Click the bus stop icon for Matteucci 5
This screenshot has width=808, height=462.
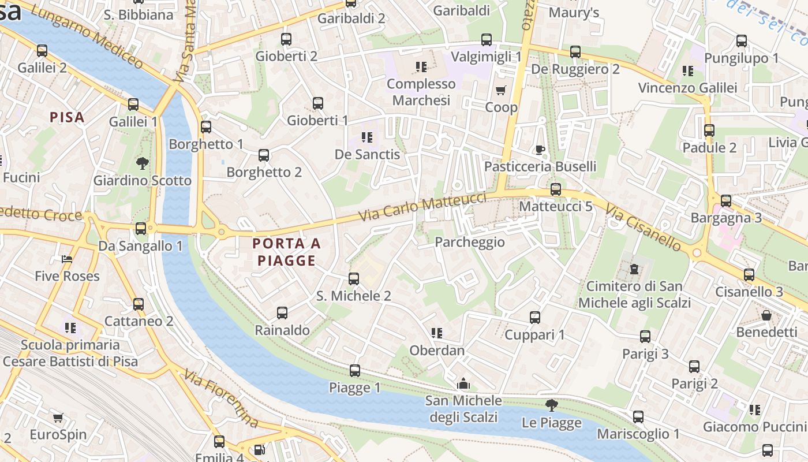(x=556, y=189)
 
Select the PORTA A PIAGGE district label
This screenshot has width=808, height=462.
(x=287, y=252)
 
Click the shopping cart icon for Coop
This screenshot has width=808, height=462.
(x=500, y=91)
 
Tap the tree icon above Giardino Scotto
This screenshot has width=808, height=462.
(x=143, y=163)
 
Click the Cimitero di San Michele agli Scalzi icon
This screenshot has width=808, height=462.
(x=634, y=269)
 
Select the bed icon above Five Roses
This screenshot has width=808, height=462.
(x=67, y=259)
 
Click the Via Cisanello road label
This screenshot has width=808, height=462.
(x=644, y=226)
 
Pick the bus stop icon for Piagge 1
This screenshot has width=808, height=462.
(x=355, y=371)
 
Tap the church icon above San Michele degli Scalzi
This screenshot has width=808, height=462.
(x=463, y=383)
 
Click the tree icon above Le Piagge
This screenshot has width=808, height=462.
(x=552, y=405)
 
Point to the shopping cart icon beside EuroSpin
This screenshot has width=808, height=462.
(x=58, y=418)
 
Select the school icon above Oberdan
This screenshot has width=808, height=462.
(x=437, y=333)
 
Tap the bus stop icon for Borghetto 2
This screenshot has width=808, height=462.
(x=264, y=155)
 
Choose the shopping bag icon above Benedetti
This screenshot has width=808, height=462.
(x=766, y=315)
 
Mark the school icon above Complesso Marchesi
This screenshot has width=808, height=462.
(x=421, y=67)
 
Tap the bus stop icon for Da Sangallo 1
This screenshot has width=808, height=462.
(x=141, y=229)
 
